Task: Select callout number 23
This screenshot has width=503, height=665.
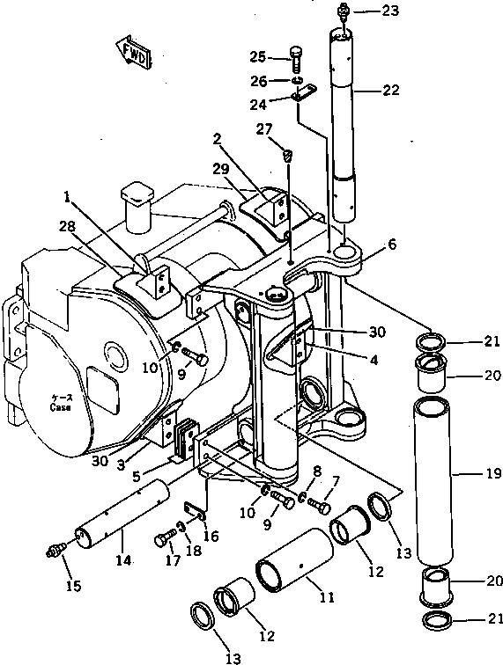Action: click(x=389, y=11)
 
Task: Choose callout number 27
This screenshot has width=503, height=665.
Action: click(x=263, y=130)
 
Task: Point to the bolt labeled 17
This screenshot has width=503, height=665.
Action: click(x=164, y=539)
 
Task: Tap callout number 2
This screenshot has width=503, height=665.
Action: click(x=217, y=138)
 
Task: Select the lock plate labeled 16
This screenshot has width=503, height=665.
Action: click(x=196, y=511)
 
